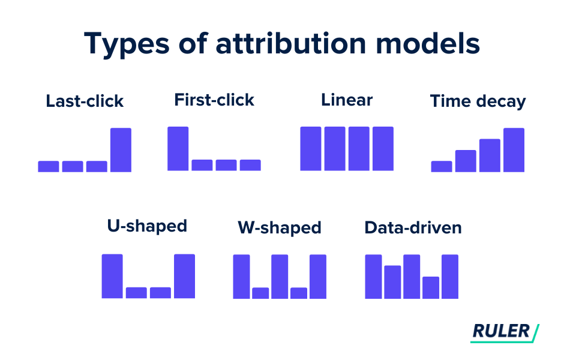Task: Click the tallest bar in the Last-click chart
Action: (121, 150)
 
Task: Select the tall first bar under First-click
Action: (178, 149)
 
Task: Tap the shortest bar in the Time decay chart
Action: (441, 166)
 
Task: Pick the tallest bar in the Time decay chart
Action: (514, 150)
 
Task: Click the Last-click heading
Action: (85, 101)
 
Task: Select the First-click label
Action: (214, 100)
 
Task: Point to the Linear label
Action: (347, 100)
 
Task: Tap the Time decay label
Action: (478, 101)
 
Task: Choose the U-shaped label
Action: (147, 226)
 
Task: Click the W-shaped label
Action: (279, 228)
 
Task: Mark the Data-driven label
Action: (413, 228)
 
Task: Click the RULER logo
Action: (505, 331)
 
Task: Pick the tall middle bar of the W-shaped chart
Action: (280, 277)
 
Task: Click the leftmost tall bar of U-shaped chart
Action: (112, 276)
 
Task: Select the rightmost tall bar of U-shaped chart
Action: (184, 276)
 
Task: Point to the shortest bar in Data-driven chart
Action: (431, 287)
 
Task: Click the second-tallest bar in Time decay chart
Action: (490, 155)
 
